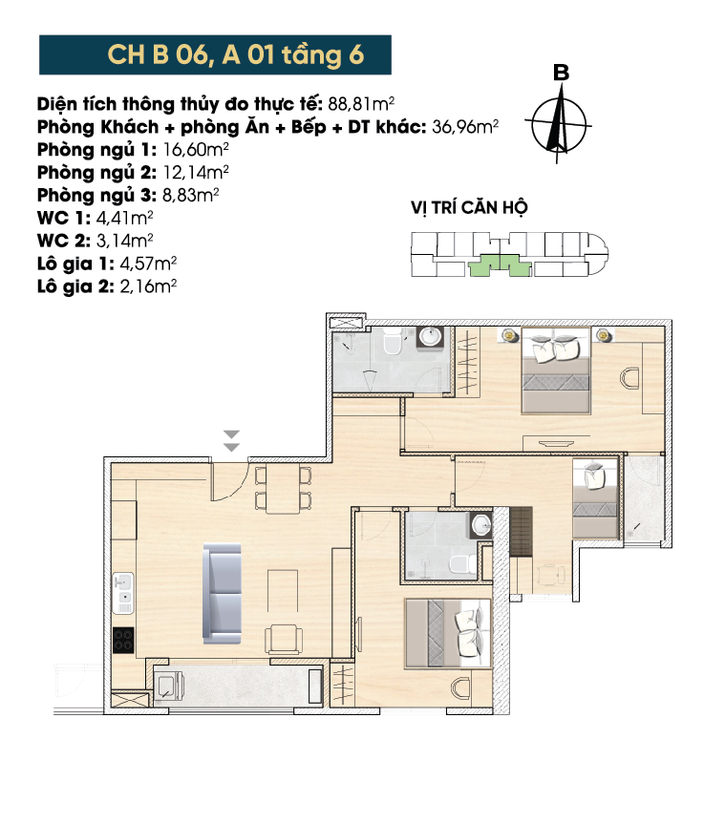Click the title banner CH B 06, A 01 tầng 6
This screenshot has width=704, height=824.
click(x=215, y=54)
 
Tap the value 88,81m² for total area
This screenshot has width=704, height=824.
click(x=361, y=103)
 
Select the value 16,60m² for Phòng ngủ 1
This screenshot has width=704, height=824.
click(x=196, y=149)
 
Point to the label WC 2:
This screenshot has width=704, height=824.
click(x=64, y=241)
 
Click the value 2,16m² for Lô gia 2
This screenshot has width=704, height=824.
click(x=148, y=285)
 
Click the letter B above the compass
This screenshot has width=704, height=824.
click(x=561, y=73)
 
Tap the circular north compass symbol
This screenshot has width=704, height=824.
click(x=559, y=126)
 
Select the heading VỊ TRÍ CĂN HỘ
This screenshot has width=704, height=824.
click(x=469, y=207)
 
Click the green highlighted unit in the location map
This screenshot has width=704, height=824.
click(x=500, y=265)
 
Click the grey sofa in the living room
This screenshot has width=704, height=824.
click(x=223, y=593)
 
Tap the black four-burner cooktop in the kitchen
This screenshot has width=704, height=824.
click(x=123, y=640)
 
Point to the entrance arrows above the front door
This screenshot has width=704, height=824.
click(x=231, y=441)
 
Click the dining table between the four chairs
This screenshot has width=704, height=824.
click(x=283, y=489)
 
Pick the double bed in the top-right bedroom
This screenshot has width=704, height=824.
click(x=556, y=370)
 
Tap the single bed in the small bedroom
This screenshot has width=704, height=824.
click(x=595, y=497)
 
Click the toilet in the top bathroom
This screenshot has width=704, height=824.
click(x=393, y=341)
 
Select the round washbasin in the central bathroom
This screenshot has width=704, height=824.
click(x=481, y=524)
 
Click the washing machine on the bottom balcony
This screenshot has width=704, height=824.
click(x=169, y=686)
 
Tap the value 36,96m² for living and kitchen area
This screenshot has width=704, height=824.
click(x=465, y=127)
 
